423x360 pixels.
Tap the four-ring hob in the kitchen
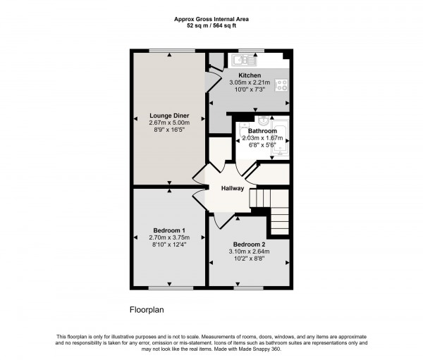[282, 85]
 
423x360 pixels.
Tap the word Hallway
[232, 188]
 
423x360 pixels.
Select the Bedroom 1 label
[169, 230]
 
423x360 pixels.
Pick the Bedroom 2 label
[250, 244]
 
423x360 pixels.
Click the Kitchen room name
[250, 75]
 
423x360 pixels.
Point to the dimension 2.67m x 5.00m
[168, 123]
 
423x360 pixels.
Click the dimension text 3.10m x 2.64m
[250, 252]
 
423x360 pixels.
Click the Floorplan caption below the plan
[147, 309]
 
